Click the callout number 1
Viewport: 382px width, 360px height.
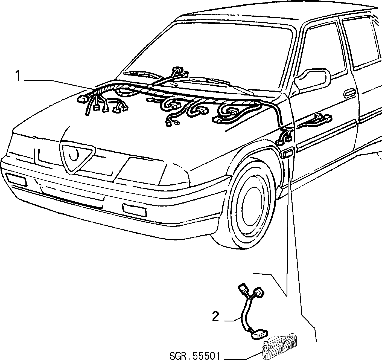coord(18,76)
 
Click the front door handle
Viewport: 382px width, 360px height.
coord(350,93)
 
